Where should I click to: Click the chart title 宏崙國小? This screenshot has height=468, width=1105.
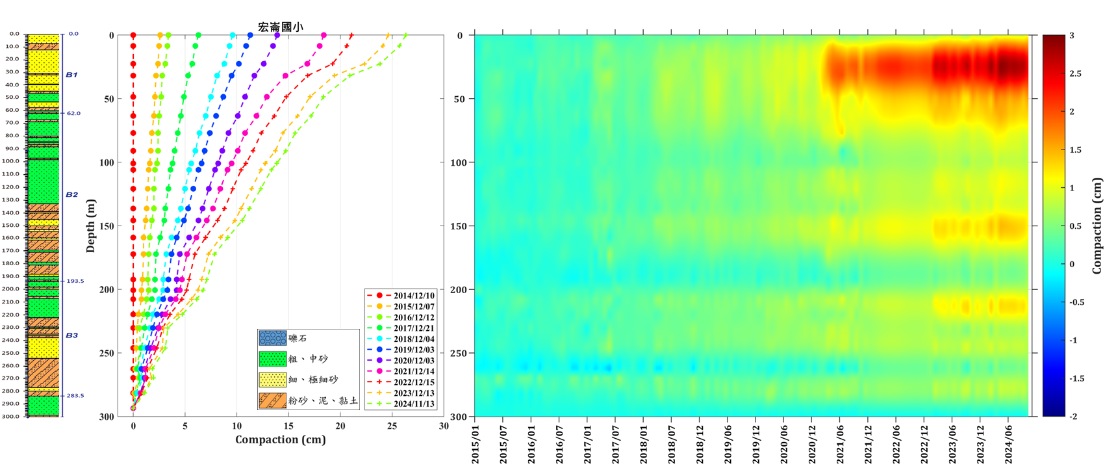coord(281,27)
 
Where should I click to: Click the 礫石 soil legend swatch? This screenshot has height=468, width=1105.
coord(272,338)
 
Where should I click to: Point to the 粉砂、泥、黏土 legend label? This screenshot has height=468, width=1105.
coord(323,400)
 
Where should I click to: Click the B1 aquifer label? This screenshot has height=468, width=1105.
coord(71,75)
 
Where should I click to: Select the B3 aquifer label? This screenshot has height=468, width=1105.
coord(71,335)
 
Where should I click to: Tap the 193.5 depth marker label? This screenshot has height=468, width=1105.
coord(75,281)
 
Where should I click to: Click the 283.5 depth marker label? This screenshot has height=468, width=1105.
coord(75,395)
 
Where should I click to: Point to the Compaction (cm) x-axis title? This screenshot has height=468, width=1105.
coord(281,440)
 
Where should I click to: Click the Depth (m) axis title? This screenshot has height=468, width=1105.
coord(91,226)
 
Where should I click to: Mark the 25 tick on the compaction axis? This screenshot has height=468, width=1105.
coord(392,426)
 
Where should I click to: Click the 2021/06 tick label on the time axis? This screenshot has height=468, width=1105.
coord(841,445)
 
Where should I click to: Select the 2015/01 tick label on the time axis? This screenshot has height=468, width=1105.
coord(475,445)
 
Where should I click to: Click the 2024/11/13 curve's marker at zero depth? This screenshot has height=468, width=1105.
coord(406,36)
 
